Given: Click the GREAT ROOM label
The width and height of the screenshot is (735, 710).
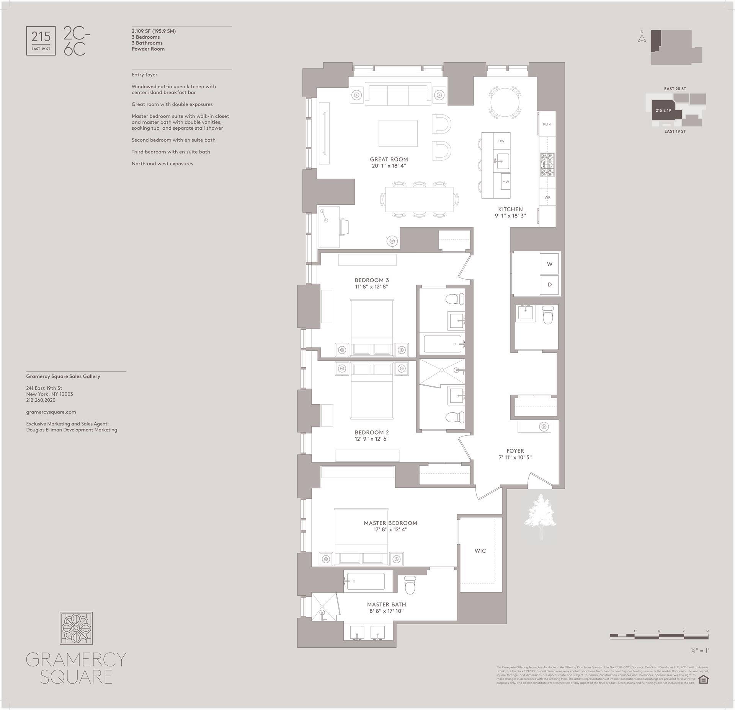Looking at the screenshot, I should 389,160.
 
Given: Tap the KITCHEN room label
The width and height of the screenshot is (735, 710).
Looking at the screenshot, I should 510,209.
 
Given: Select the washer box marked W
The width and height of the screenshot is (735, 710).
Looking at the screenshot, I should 549,264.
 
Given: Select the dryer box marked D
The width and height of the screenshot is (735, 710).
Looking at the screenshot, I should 549,285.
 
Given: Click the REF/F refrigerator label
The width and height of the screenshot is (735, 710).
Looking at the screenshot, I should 547,124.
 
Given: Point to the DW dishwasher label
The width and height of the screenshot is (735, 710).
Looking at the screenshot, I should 501,141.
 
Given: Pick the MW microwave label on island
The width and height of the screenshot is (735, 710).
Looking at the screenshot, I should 505,182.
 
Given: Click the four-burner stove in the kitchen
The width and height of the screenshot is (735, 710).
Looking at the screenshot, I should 547,164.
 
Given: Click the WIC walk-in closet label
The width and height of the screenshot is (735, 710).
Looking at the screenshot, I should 480,551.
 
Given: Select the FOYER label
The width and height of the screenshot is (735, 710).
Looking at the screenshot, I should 515,451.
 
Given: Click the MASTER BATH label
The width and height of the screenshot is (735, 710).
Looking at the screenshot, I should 386,604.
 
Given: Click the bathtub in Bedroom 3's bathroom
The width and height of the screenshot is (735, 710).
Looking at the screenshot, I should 442,344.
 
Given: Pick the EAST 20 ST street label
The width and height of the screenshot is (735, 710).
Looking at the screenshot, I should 675,89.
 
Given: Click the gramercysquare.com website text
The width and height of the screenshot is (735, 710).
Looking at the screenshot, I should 51,412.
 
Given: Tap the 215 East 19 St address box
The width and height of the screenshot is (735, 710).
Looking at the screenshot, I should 41,41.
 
